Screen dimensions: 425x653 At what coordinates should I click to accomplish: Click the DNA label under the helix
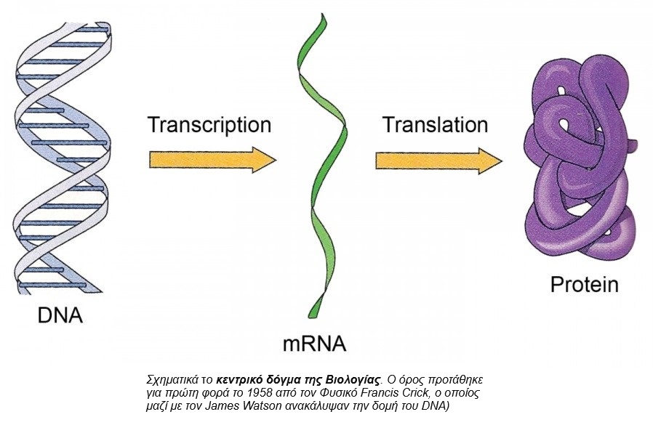pos(60,317)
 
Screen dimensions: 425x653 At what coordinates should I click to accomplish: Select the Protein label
pos(584,283)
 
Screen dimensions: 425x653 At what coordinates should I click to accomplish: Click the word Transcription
pos(209,124)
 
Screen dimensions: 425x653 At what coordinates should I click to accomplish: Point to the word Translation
pos(436,124)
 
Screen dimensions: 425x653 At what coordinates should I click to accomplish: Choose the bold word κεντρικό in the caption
pos(241,380)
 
